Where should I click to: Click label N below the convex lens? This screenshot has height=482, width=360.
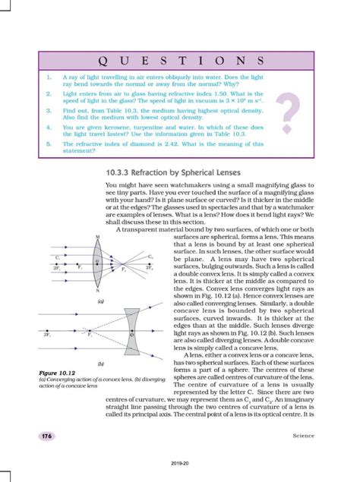(x=98, y=311)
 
